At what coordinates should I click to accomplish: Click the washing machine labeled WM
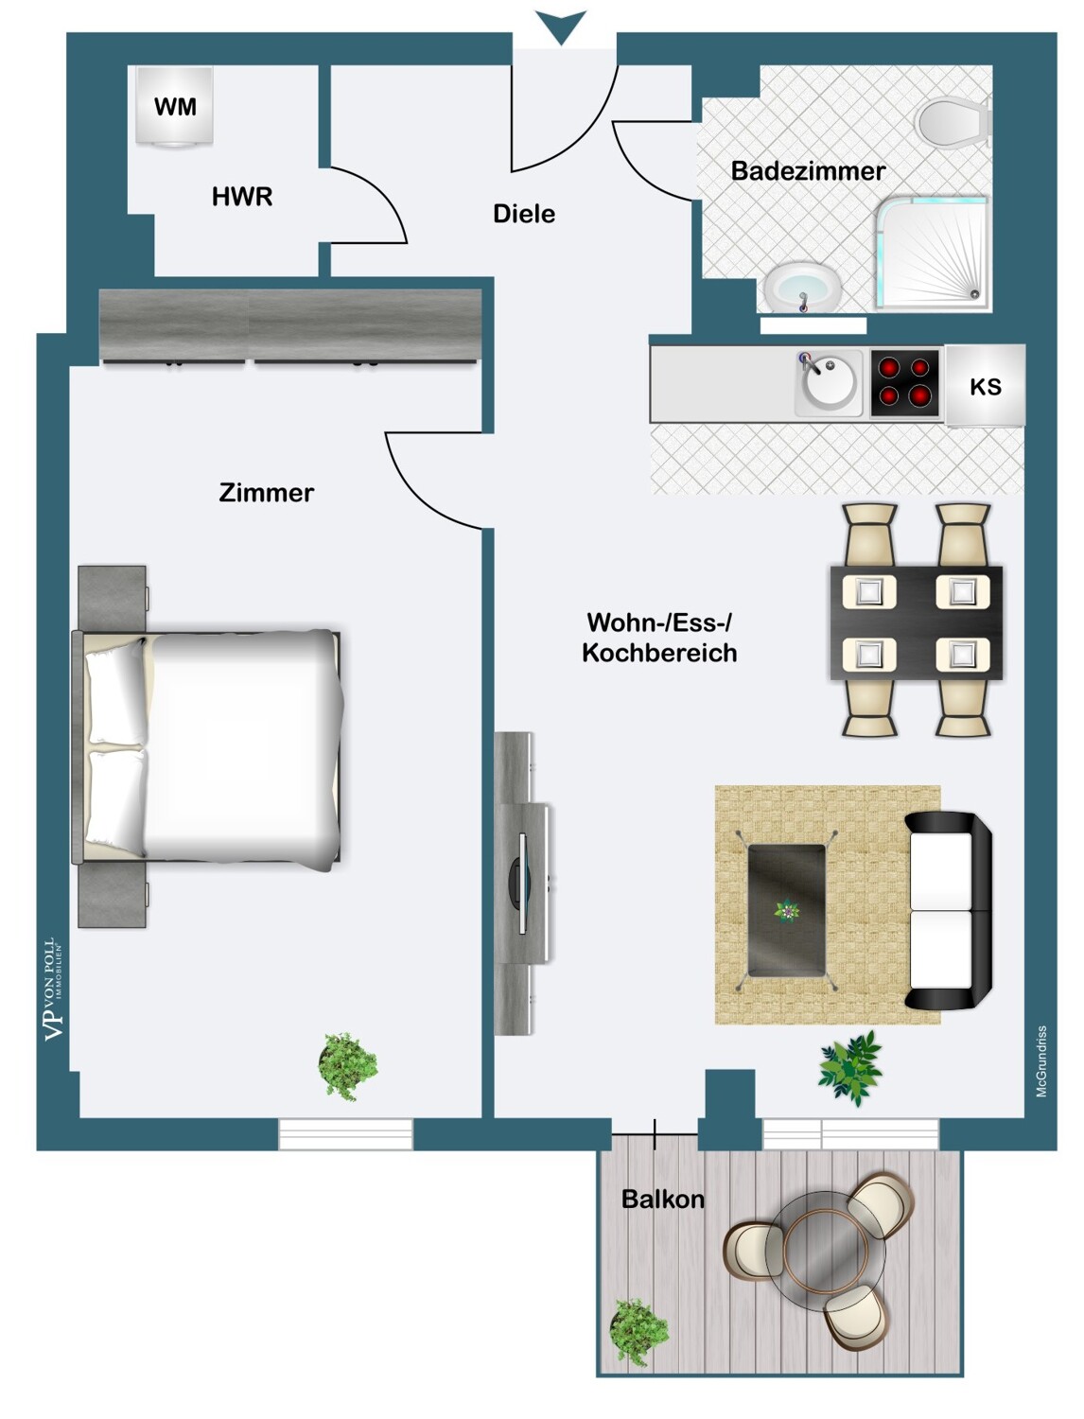(x=175, y=107)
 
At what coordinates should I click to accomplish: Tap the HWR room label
(x=242, y=197)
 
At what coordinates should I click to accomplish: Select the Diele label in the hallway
(x=524, y=214)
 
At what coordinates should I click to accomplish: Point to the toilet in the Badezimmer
(x=953, y=120)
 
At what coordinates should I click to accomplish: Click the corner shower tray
(x=932, y=254)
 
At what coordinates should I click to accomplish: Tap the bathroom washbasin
(x=803, y=289)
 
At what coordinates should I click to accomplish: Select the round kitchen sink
(x=828, y=383)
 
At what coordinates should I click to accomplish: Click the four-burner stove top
(x=905, y=383)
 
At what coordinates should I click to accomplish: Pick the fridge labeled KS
(x=985, y=386)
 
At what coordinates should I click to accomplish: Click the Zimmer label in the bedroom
(x=267, y=493)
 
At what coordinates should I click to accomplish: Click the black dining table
(x=916, y=622)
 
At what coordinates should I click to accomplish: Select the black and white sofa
(x=948, y=910)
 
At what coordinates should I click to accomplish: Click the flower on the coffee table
(x=787, y=912)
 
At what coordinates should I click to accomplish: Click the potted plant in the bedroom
(x=347, y=1065)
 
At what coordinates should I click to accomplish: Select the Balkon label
(x=662, y=1200)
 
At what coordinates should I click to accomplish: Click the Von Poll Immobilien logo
(x=54, y=990)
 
